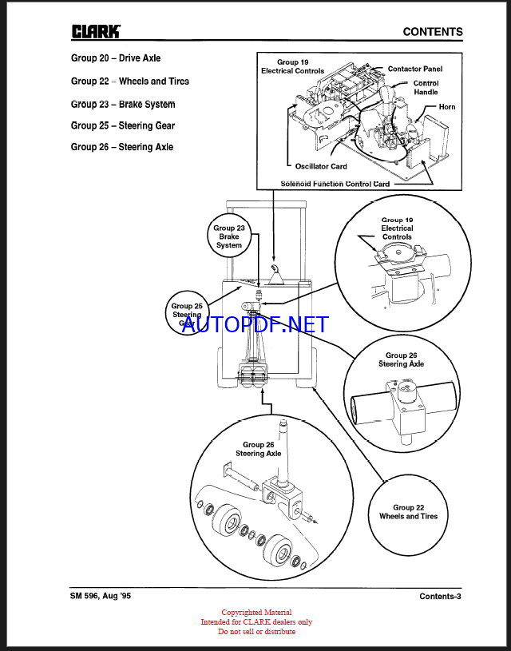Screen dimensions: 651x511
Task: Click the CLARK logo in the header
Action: tap(96, 31)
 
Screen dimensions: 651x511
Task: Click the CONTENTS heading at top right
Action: tap(432, 32)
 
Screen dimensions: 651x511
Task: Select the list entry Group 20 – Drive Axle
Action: tap(116, 58)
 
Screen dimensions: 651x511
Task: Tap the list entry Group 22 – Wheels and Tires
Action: tap(130, 81)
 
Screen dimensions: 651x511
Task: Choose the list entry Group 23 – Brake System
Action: tap(123, 105)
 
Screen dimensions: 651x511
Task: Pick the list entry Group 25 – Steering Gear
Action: tap(123, 125)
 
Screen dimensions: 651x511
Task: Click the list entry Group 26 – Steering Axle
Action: tap(122, 147)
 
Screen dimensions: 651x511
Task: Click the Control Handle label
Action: tap(426, 87)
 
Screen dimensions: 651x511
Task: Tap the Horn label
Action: tap(447, 106)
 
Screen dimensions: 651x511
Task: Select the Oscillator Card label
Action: tap(321, 166)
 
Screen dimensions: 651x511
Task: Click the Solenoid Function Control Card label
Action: tap(335, 184)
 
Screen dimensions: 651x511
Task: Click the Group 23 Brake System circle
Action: tap(229, 237)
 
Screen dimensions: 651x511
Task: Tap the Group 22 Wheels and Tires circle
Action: tap(408, 512)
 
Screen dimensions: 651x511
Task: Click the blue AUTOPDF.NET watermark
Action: tap(255, 324)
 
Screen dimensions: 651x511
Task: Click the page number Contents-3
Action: tap(440, 597)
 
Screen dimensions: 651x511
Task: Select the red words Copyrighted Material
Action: tap(256, 613)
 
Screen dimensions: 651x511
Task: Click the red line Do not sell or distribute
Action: tap(256, 632)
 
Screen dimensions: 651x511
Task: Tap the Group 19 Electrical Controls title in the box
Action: tap(293, 66)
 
